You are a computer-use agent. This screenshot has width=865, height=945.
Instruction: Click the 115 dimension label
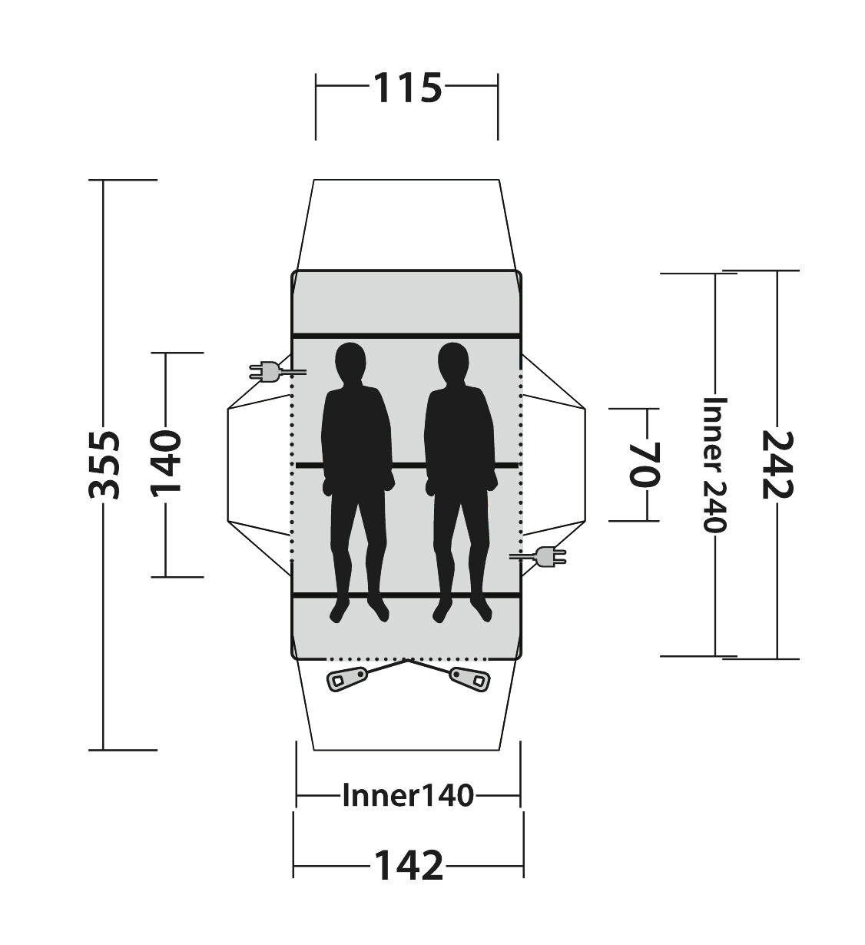[x=407, y=88]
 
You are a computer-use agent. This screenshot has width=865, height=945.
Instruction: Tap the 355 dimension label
[x=104, y=465]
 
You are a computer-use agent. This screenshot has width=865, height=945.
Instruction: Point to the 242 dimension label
[x=778, y=465]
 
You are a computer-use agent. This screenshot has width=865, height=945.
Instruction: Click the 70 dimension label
[x=644, y=465]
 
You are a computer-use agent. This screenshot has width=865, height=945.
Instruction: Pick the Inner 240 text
[x=714, y=465]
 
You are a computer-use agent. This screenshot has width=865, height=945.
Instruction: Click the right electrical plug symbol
[x=538, y=556]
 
